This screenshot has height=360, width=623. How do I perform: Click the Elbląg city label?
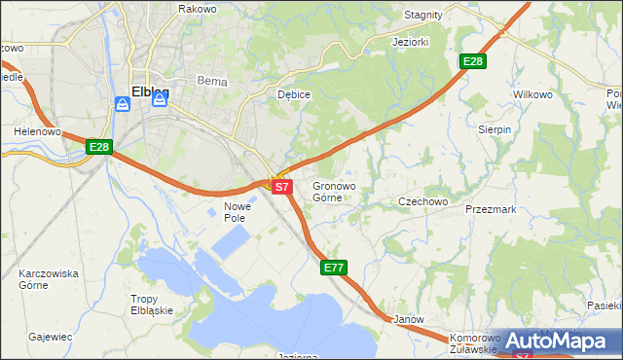point(149,92)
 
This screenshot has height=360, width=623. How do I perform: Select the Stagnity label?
point(423,16)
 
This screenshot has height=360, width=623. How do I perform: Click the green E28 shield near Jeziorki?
point(472,61)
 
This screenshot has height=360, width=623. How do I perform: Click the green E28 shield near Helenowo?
point(99,147)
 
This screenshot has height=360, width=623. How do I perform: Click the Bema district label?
point(211,82)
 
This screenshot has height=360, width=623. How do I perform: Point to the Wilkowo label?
point(532,94)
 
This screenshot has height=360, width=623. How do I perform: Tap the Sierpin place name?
point(495,129)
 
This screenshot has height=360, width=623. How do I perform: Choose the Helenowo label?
point(38,130)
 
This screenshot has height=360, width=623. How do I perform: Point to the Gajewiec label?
point(51,337)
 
